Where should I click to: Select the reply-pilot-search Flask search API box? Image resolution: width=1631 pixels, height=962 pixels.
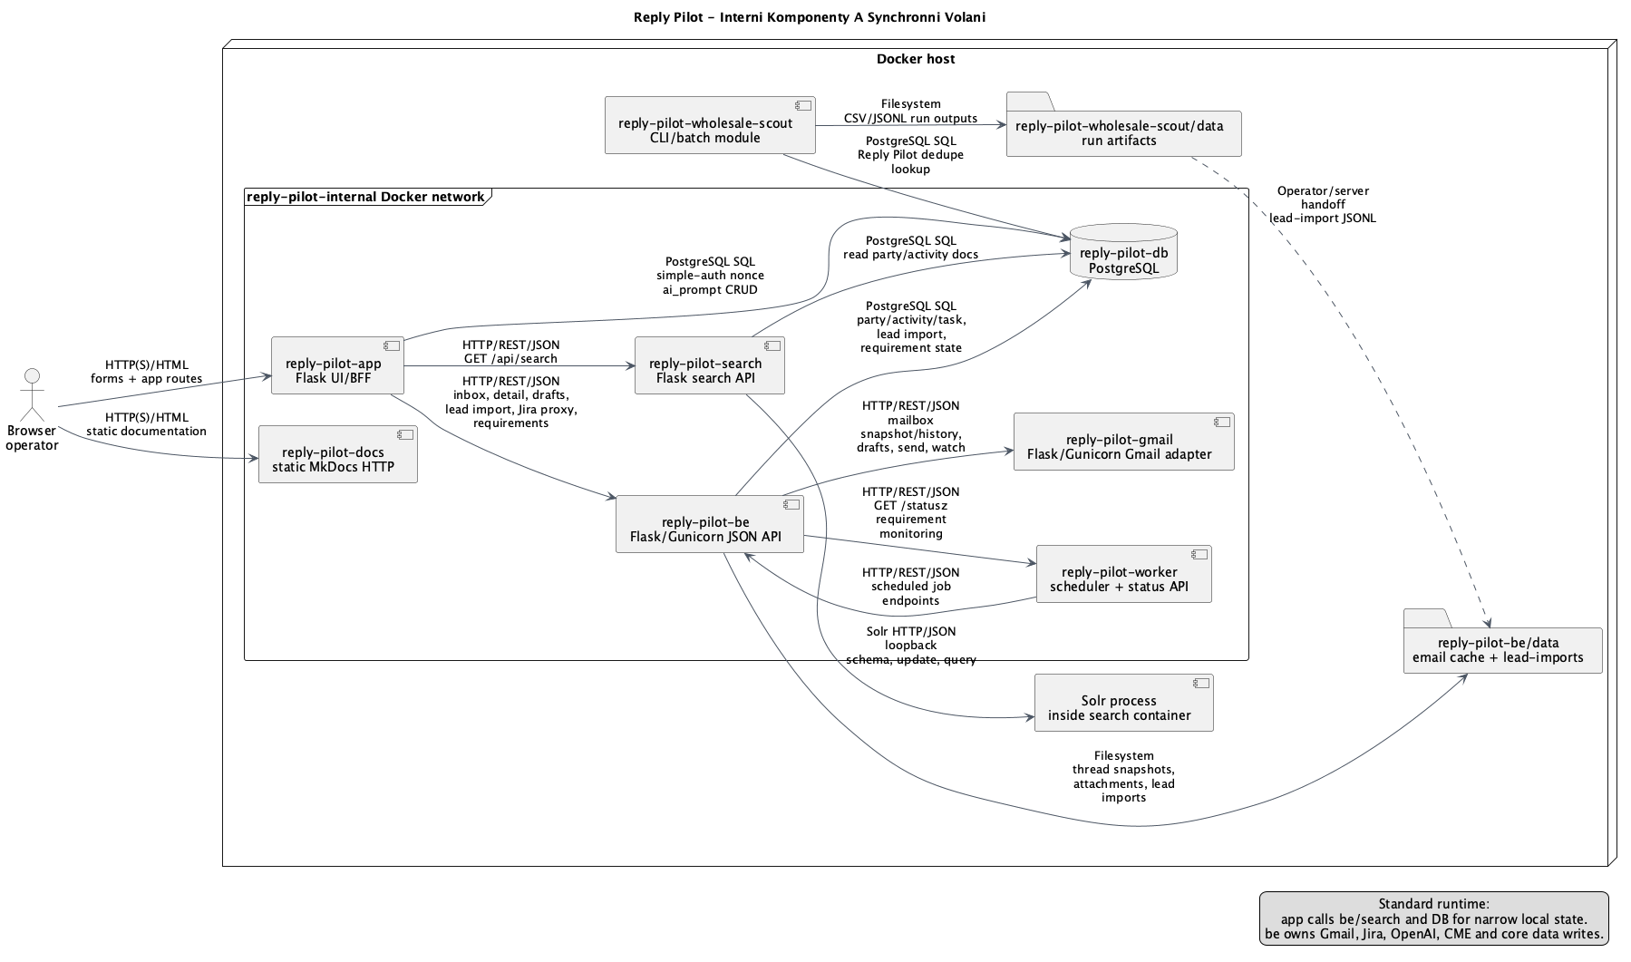point(710,365)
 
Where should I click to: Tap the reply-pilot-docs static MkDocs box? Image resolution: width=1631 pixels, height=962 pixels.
point(338,454)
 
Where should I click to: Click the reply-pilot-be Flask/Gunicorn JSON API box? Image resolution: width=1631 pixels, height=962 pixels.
point(710,524)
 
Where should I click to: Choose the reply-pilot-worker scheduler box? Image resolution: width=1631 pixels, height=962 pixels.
point(1124,574)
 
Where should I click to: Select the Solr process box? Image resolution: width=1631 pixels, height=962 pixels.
point(1124,703)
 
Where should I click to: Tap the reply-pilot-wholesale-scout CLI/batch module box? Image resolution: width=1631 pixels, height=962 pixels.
point(710,125)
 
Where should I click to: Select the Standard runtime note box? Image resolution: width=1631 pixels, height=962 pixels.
point(1433,918)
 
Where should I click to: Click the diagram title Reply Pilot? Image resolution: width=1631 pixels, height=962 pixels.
point(810,17)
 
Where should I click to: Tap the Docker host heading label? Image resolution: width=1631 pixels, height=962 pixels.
point(916,59)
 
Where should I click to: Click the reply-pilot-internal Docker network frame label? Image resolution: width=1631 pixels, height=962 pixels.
point(365,197)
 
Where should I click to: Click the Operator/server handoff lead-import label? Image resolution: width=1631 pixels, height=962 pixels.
point(1323,205)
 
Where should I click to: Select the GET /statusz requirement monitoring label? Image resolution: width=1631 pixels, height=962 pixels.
point(911,512)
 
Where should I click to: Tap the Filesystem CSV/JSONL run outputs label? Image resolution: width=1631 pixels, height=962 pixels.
point(911,111)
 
